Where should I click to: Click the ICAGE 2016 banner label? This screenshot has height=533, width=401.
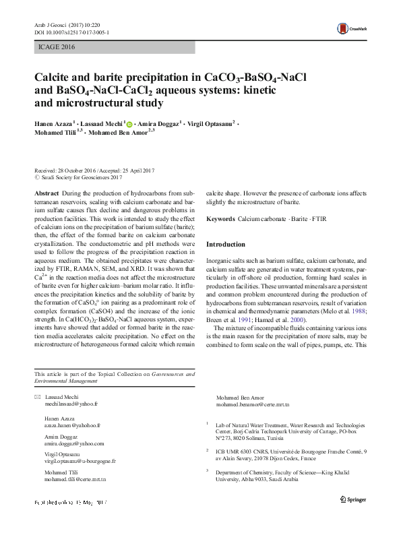(x=53, y=47)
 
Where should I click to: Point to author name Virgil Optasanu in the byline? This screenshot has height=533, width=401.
(x=207, y=125)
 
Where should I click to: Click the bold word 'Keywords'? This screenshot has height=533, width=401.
(x=220, y=220)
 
